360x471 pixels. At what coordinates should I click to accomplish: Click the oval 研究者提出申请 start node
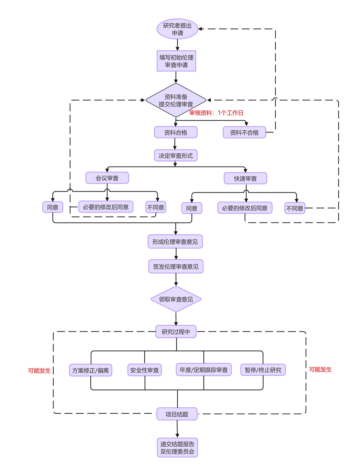[x=177, y=29]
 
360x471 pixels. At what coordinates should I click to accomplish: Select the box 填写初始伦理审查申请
[x=176, y=61]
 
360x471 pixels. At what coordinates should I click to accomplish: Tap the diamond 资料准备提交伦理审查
[x=176, y=100]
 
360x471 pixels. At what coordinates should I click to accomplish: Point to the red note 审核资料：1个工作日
[x=216, y=113]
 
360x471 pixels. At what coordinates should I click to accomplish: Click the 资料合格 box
[x=176, y=132]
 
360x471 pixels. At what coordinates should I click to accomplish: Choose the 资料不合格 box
[x=244, y=132]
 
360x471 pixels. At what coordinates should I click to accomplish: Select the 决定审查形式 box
[x=176, y=155]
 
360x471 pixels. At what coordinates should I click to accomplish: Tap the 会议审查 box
[x=107, y=178]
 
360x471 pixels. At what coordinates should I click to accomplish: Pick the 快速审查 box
[x=245, y=178]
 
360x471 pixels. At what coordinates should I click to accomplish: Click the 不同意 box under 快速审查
[x=295, y=208]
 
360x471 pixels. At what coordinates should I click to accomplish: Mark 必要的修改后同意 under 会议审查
[x=106, y=207]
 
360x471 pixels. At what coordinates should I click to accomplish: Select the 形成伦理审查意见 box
[x=175, y=242]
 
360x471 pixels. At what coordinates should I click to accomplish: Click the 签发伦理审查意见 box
[x=176, y=267]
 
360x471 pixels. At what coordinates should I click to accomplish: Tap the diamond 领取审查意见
[x=176, y=299]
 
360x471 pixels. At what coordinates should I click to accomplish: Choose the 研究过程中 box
[x=176, y=332]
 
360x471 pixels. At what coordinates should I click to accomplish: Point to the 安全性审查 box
[x=144, y=370]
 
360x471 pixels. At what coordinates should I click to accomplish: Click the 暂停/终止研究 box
[x=263, y=370]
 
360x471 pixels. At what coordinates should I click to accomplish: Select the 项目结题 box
[x=177, y=414]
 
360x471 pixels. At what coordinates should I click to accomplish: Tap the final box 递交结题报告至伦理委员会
[x=177, y=448]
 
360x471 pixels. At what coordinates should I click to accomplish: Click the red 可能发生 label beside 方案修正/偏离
[x=39, y=371]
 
